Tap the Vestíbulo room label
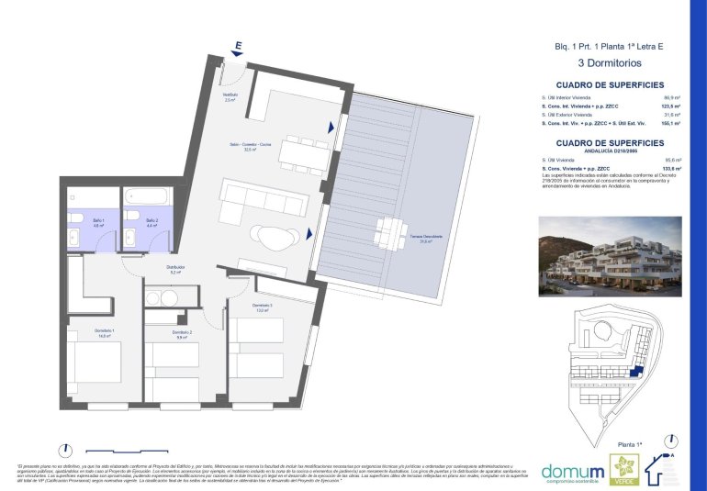230,96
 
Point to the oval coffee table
274,239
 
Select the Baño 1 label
96,222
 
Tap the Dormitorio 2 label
182,334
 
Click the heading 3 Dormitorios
608,63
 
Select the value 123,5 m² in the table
671,106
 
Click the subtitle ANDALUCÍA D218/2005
608,151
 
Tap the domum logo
572,470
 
